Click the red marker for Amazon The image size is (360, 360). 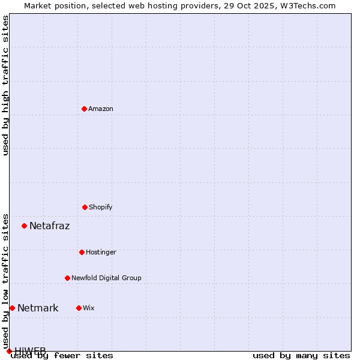[x=84, y=109]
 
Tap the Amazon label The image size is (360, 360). [x=101, y=109]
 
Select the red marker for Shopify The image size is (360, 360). [x=85, y=207]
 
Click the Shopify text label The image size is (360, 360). [x=101, y=207]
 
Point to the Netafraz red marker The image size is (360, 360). [x=24, y=226]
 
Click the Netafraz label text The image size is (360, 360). [x=49, y=226]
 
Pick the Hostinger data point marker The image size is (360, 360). [x=82, y=252]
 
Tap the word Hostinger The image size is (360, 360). [x=101, y=252]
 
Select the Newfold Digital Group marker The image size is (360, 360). [x=67, y=278]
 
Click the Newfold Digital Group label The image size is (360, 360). [x=106, y=278]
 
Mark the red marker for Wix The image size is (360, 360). [x=79, y=308]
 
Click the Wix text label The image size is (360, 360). [x=89, y=308]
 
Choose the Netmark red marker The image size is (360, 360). [x=12, y=308]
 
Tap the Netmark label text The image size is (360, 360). [x=38, y=308]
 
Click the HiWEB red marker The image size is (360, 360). [x=9, y=351]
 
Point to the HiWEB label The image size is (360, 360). [x=30, y=350]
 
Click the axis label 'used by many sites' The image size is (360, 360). [x=301, y=356]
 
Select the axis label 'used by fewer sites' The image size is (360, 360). [x=62, y=356]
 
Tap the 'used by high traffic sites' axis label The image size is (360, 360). [x=5, y=85]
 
